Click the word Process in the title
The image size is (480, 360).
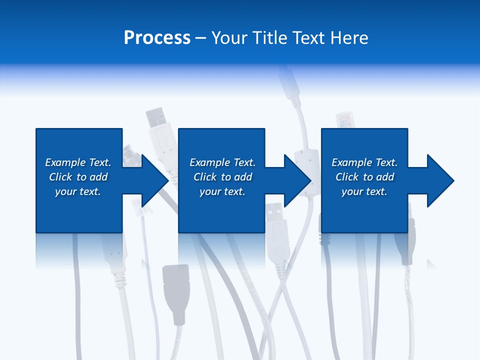[x=157, y=38]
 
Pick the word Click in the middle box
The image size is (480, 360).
[x=205, y=177]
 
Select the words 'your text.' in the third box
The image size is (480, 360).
[x=364, y=191]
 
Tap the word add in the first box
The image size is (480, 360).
[x=98, y=177]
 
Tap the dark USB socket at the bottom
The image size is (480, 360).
[x=175, y=290]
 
